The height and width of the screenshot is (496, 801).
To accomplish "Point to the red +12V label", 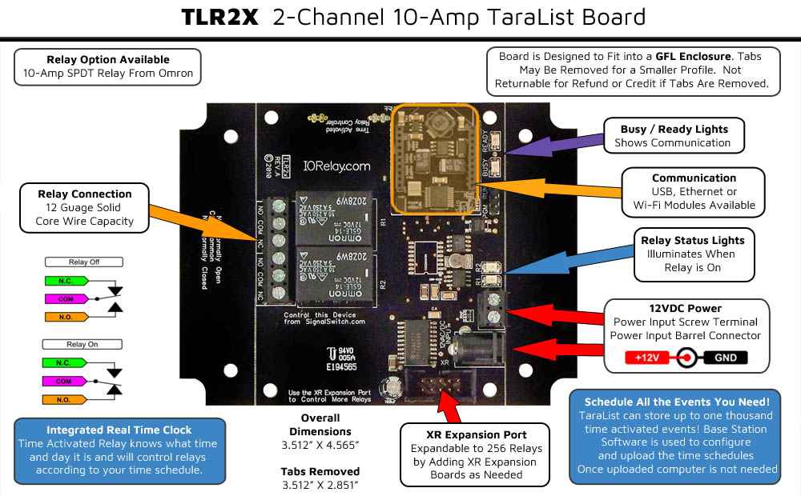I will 646,358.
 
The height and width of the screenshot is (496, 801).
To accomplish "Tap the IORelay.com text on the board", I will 336,166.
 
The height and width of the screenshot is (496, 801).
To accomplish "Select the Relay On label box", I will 84,345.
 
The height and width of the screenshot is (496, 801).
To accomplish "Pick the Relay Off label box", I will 84,262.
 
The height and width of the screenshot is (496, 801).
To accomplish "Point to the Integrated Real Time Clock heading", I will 119,430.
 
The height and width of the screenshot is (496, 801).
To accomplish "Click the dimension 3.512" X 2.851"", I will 320,485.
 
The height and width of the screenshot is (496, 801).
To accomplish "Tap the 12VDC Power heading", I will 686,308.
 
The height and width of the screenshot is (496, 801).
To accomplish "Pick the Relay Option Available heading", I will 108,59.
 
